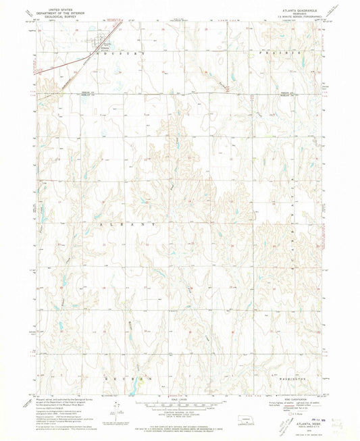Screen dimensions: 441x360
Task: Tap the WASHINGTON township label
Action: point(291,379)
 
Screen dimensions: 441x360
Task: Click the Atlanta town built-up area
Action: point(101,47)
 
